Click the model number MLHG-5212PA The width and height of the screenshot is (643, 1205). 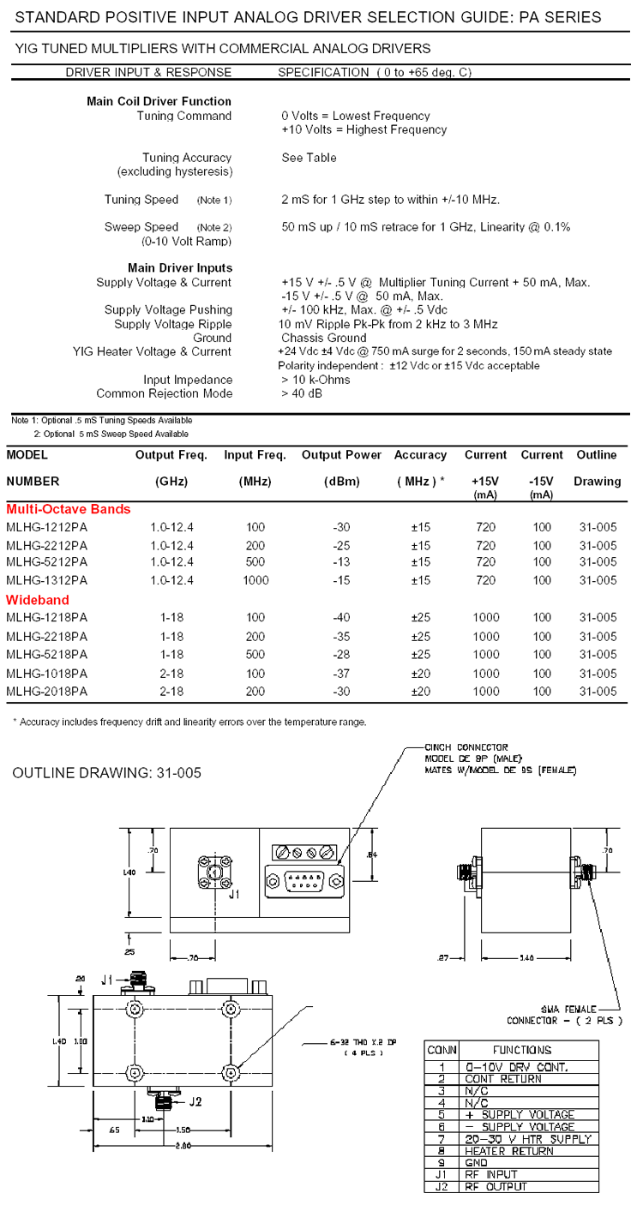click(46, 562)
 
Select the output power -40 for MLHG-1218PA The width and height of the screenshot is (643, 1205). click(340, 618)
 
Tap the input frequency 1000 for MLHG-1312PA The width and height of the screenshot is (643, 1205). click(255, 580)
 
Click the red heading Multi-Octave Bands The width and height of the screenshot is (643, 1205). click(69, 509)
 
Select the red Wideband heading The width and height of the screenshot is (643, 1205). click(38, 600)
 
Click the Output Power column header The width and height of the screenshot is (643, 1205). click(342, 455)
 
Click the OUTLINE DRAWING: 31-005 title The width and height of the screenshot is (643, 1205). click(107, 773)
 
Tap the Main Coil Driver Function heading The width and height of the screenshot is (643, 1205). click(159, 101)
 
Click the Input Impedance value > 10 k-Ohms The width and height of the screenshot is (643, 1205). click(315, 380)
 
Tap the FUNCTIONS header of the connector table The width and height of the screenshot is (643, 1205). click(522, 1050)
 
